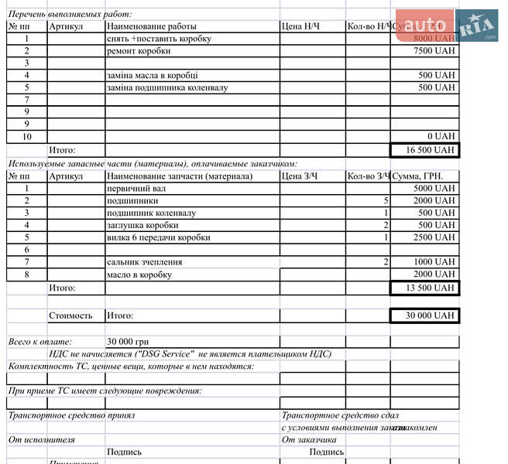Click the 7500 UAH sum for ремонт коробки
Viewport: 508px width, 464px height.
pyautogui.click(x=434, y=51)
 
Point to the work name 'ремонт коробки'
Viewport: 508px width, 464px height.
pyautogui.click(x=139, y=51)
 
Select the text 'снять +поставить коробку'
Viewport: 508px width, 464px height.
pyautogui.click(x=159, y=39)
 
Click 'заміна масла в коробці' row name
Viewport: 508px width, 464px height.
pyautogui.click(x=152, y=76)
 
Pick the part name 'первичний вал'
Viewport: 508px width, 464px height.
pyautogui.click(x=134, y=188)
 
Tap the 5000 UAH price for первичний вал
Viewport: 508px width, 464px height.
pyautogui.click(x=434, y=188)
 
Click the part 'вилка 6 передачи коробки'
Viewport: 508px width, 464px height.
pyautogui.click(x=158, y=238)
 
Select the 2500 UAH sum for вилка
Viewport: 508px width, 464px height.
pyautogui.click(x=434, y=238)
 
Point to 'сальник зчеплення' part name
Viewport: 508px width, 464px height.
pyautogui.click(x=145, y=263)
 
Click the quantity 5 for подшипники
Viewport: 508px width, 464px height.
pyautogui.click(x=386, y=200)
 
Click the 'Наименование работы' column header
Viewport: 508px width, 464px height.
pyautogui.click(x=152, y=26)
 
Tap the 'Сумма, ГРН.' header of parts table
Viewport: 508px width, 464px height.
pyautogui.click(x=418, y=176)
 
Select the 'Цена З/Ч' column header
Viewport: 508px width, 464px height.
pyautogui.click(x=300, y=176)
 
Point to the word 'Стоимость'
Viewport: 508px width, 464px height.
pyautogui.click(x=70, y=316)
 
